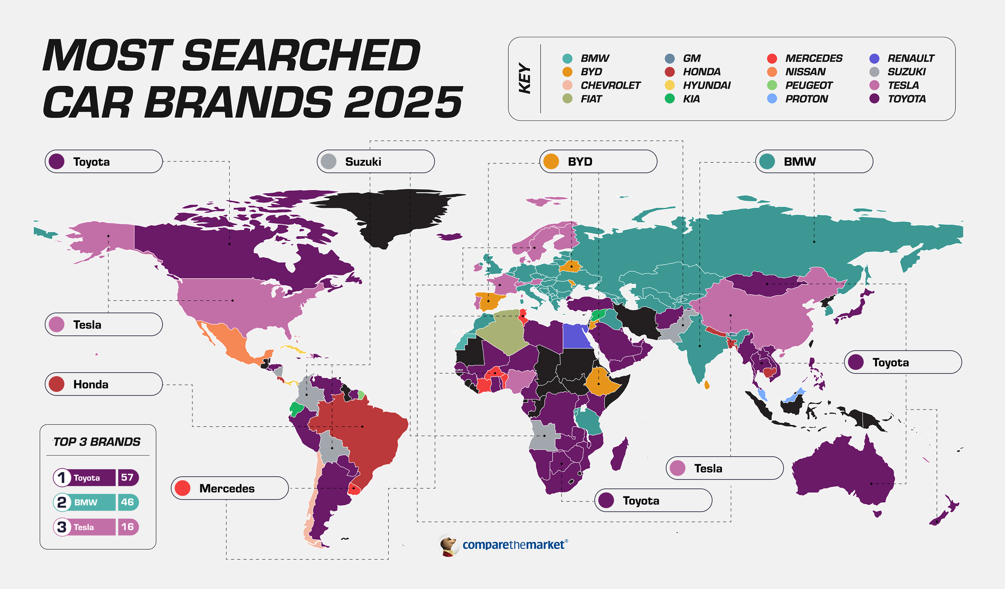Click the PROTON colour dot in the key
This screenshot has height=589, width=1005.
[772, 99]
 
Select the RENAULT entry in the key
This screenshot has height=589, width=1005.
[910, 59]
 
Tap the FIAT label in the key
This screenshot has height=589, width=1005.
[591, 99]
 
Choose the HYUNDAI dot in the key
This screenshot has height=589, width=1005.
[670, 85]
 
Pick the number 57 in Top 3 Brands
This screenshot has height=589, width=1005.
[127, 477]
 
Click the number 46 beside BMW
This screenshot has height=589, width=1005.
[127, 502]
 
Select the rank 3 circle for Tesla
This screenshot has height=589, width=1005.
[62, 527]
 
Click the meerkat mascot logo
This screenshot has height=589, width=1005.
[448, 545]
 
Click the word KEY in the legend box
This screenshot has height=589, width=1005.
[525, 78]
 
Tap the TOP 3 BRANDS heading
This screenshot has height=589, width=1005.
[97, 442]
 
